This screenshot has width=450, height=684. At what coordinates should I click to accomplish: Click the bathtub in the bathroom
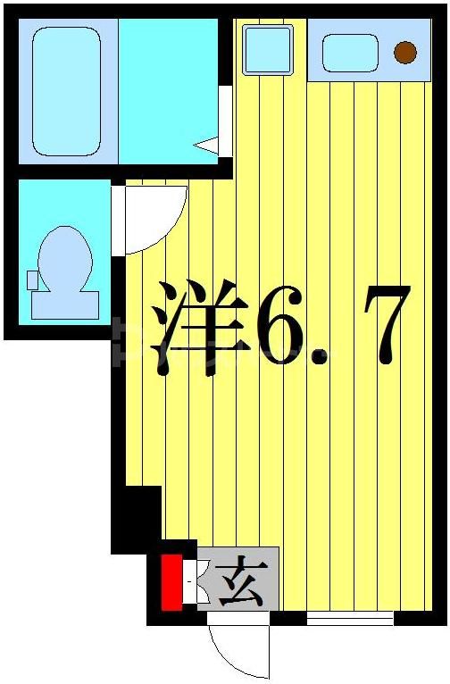click(x=67, y=91)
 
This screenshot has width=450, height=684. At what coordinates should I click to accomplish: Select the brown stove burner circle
click(x=405, y=53)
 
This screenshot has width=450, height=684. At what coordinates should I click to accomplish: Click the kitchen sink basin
click(x=350, y=53)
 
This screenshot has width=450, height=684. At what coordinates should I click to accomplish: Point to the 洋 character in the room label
click(x=198, y=326)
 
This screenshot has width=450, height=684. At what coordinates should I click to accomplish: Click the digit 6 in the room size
click(x=279, y=326)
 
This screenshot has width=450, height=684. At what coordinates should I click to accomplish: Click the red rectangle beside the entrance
click(x=171, y=582)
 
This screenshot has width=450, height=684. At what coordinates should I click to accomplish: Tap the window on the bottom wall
click(x=349, y=617)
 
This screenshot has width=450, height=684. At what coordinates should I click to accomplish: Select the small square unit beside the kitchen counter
click(x=268, y=50)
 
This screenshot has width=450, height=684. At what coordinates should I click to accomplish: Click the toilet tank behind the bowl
click(x=65, y=304)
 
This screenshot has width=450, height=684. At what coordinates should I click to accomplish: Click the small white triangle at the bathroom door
click(x=208, y=144)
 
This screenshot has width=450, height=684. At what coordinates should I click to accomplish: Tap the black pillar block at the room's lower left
click(x=137, y=518)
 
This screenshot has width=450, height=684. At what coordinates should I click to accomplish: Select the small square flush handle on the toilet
click(x=33, y=279)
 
